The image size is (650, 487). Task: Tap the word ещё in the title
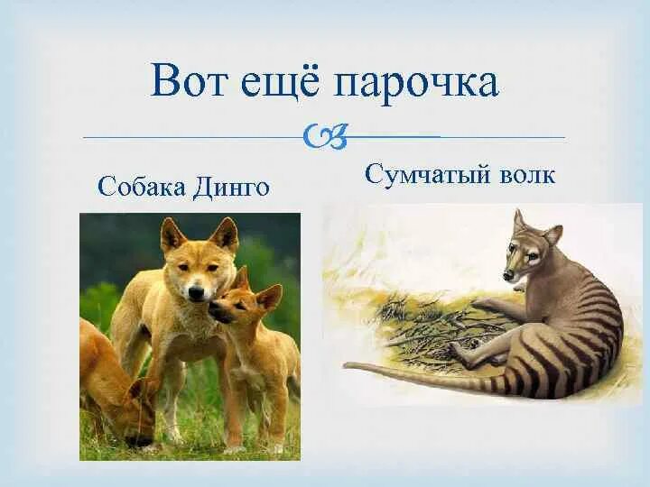(x=279, y=82)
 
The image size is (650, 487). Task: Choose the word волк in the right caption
(x=524, y=174)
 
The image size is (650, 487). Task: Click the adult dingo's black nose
(x=196, y=292)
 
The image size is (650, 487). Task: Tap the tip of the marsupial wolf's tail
(x=347, y=365)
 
